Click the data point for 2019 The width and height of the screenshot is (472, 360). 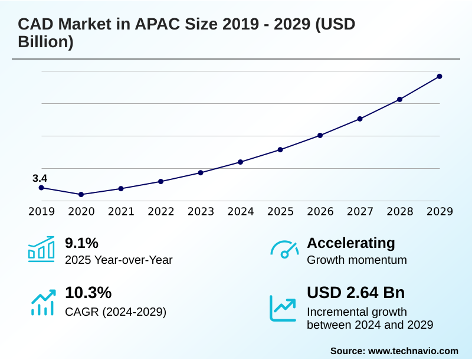pyautogui.click(x=41, y=188)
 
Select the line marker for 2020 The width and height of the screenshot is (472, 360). pyautogui.click(x=81, y=194)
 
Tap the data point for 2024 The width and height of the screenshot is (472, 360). pyautogui.click(x=240, y=162)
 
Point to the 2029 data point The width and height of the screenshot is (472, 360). pyautogui.click(x=440, y=76)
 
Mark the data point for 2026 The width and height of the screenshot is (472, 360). pyautogui.click(x=320, y=135)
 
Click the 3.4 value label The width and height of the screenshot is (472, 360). pyautogui.click(x=40, y=178)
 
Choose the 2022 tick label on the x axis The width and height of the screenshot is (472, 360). pyautogui.click(x=160, y=211)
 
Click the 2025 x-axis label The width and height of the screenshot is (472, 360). pyautogui.click(x=280, y=211)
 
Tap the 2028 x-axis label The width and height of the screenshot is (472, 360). pyautogui.click(x=399, y=211)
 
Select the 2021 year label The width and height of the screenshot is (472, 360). pyautogui.click(x=121, y=211)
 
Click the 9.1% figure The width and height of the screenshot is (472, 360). pyautogui.click(x=81, y=243)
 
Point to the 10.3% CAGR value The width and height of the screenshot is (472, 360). pyautogui.click(x=88, y=293)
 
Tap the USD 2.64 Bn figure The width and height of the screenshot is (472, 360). pyautogui.click(x=356, y=293)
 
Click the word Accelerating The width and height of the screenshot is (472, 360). pyautogui.click(x=351, y=243)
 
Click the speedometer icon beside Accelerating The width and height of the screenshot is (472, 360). pyautogui.click(x=284, y=249)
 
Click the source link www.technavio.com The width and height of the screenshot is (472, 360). pyautogui.click(x=413, y=351)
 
